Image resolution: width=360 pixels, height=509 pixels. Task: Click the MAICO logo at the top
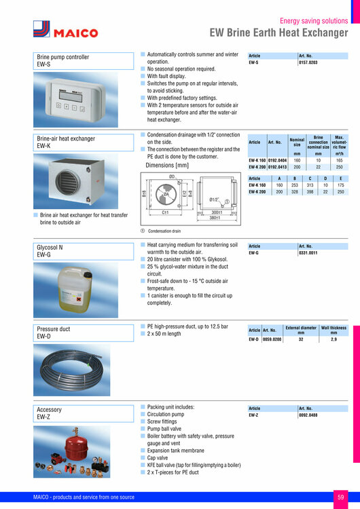65,30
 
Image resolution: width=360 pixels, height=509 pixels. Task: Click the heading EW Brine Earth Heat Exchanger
279,33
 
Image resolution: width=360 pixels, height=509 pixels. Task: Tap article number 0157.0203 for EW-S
308,62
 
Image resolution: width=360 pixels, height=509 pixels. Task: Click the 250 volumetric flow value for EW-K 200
339,167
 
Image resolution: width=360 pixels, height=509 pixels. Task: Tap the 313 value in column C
309,185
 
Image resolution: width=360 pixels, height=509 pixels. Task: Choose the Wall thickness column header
334,330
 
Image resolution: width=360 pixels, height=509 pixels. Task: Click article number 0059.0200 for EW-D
272,339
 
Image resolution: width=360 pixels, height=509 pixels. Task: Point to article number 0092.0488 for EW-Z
308,415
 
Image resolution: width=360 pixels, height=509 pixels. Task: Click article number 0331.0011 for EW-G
308,252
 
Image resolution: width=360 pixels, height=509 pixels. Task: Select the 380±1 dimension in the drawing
215,218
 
